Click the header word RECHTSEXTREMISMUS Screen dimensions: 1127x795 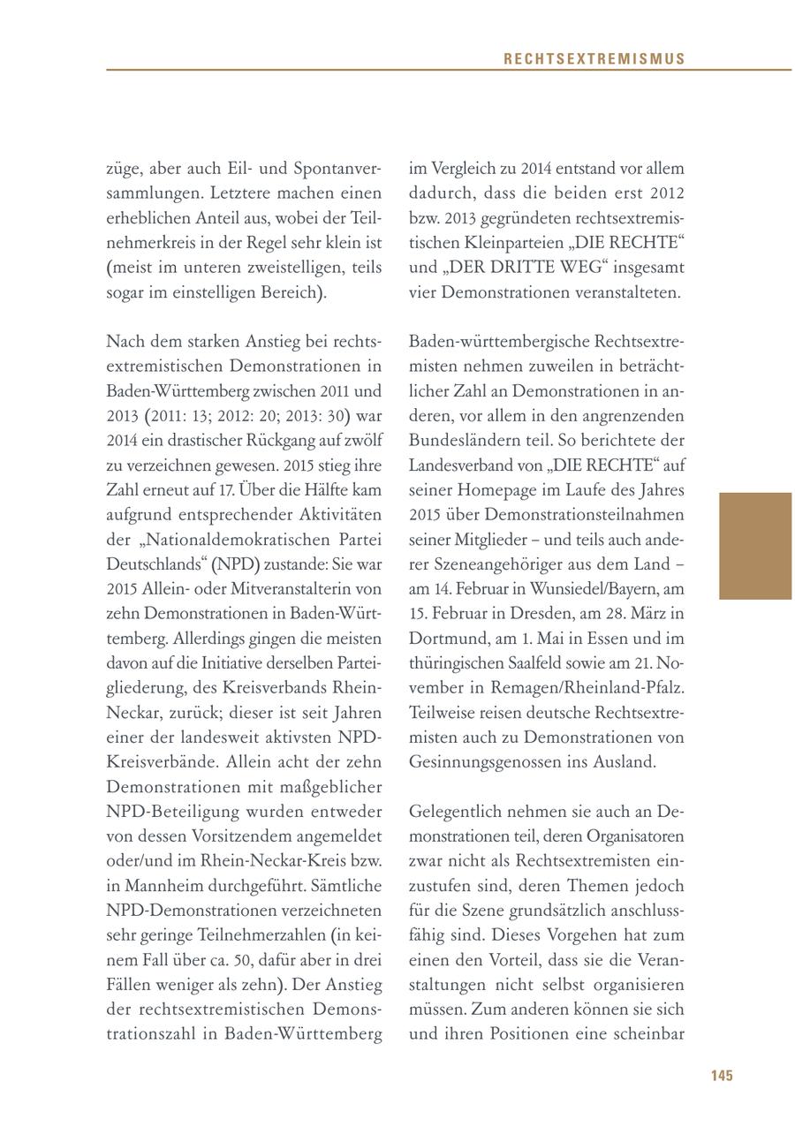coord(594,59)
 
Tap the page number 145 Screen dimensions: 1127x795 coord(722,1075)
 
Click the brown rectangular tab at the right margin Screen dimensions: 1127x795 coord(755,546)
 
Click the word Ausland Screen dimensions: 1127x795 coord(625,760)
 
